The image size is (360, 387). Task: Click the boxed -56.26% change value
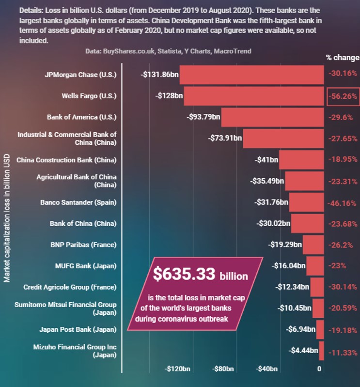343,96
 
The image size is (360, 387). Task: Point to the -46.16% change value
343,202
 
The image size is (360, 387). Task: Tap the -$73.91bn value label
225,138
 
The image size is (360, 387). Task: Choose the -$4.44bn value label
303,350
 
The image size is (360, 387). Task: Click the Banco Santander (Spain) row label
78,202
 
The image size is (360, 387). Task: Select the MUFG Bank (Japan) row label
86,265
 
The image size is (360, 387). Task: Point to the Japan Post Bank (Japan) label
78,329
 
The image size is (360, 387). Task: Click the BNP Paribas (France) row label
83,245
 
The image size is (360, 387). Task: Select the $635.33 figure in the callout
184,274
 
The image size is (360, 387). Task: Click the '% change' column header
342,57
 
